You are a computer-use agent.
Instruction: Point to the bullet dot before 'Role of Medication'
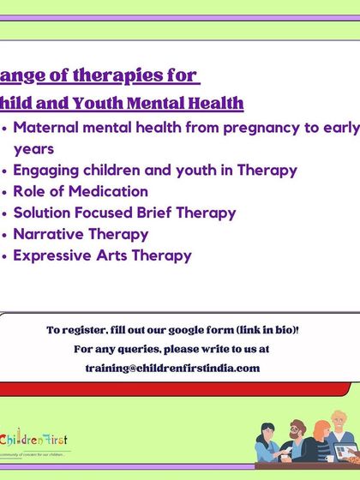coord(5,192)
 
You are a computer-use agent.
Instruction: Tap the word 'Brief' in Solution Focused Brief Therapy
coord(165,213)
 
